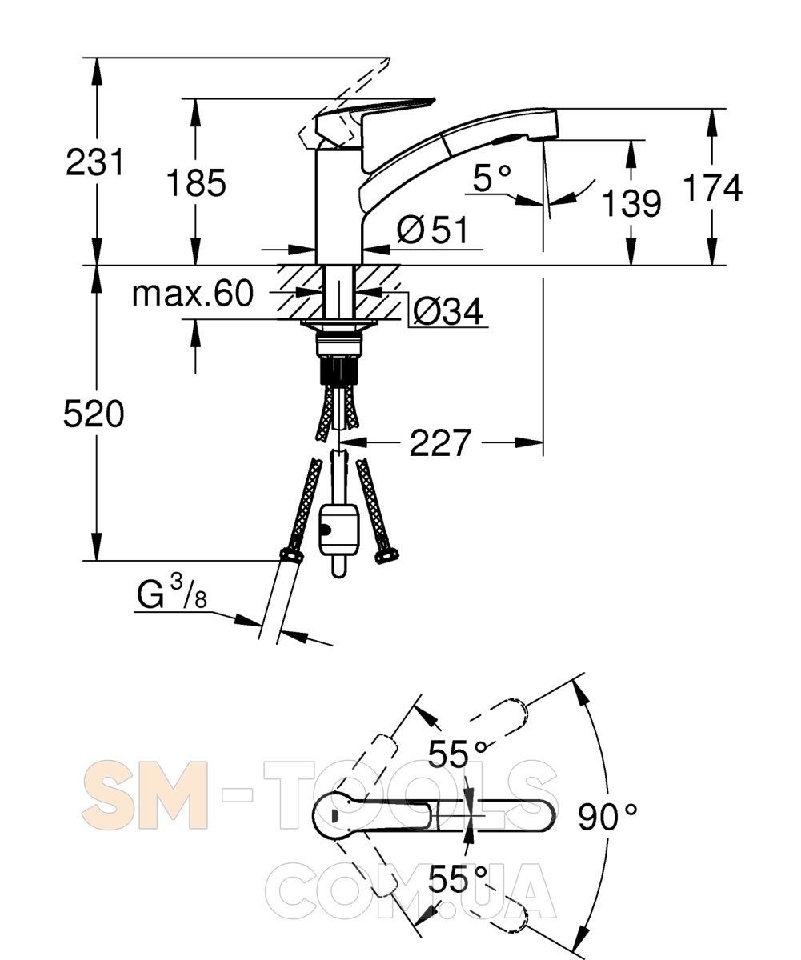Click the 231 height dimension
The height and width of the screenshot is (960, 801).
94,162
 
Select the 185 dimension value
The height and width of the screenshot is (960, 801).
196,182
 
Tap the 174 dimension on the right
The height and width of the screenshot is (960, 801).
712,187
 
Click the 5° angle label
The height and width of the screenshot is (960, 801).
491,178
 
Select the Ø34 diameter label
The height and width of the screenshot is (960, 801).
448,311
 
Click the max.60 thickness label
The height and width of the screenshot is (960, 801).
193,294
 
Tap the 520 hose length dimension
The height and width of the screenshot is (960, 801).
94,414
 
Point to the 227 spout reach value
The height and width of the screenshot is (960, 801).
440,442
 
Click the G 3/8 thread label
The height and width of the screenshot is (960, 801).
172,591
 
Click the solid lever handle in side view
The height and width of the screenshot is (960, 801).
374,121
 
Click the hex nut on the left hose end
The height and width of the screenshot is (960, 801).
291,555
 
